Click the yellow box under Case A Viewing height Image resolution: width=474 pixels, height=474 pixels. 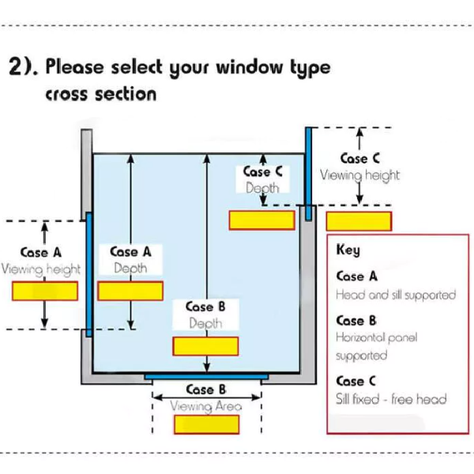pos(45,291)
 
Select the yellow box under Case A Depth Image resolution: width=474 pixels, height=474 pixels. pos(130,291)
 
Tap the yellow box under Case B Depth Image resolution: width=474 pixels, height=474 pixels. pos(205,346)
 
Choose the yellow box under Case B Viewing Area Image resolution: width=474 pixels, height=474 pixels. pos(207,424)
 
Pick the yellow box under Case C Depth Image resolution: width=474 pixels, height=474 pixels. pos(262,220)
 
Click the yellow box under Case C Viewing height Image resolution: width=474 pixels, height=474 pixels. pos(359,221)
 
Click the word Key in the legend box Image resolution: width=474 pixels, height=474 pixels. pos(348,250)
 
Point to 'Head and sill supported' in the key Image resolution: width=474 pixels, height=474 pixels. pos(396,295)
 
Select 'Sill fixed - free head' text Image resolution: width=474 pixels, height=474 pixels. pos(391,399)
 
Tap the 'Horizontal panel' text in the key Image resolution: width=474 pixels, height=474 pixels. pos(377,337)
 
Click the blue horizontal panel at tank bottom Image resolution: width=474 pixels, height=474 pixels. pos(206,377)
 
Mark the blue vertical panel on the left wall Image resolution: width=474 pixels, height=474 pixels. pos(88,274)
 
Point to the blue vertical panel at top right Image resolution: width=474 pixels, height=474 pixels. pos(308,174)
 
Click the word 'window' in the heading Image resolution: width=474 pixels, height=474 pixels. pos(249,67)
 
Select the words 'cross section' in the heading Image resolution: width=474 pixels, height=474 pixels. pos(101,94)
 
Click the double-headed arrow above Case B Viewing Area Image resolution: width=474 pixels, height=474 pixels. pos(207,397)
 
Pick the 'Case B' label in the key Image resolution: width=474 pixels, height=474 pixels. pos(356,321)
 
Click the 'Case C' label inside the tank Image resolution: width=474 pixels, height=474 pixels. pos(263,171)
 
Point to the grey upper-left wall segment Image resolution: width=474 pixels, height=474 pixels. pos(86,175)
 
